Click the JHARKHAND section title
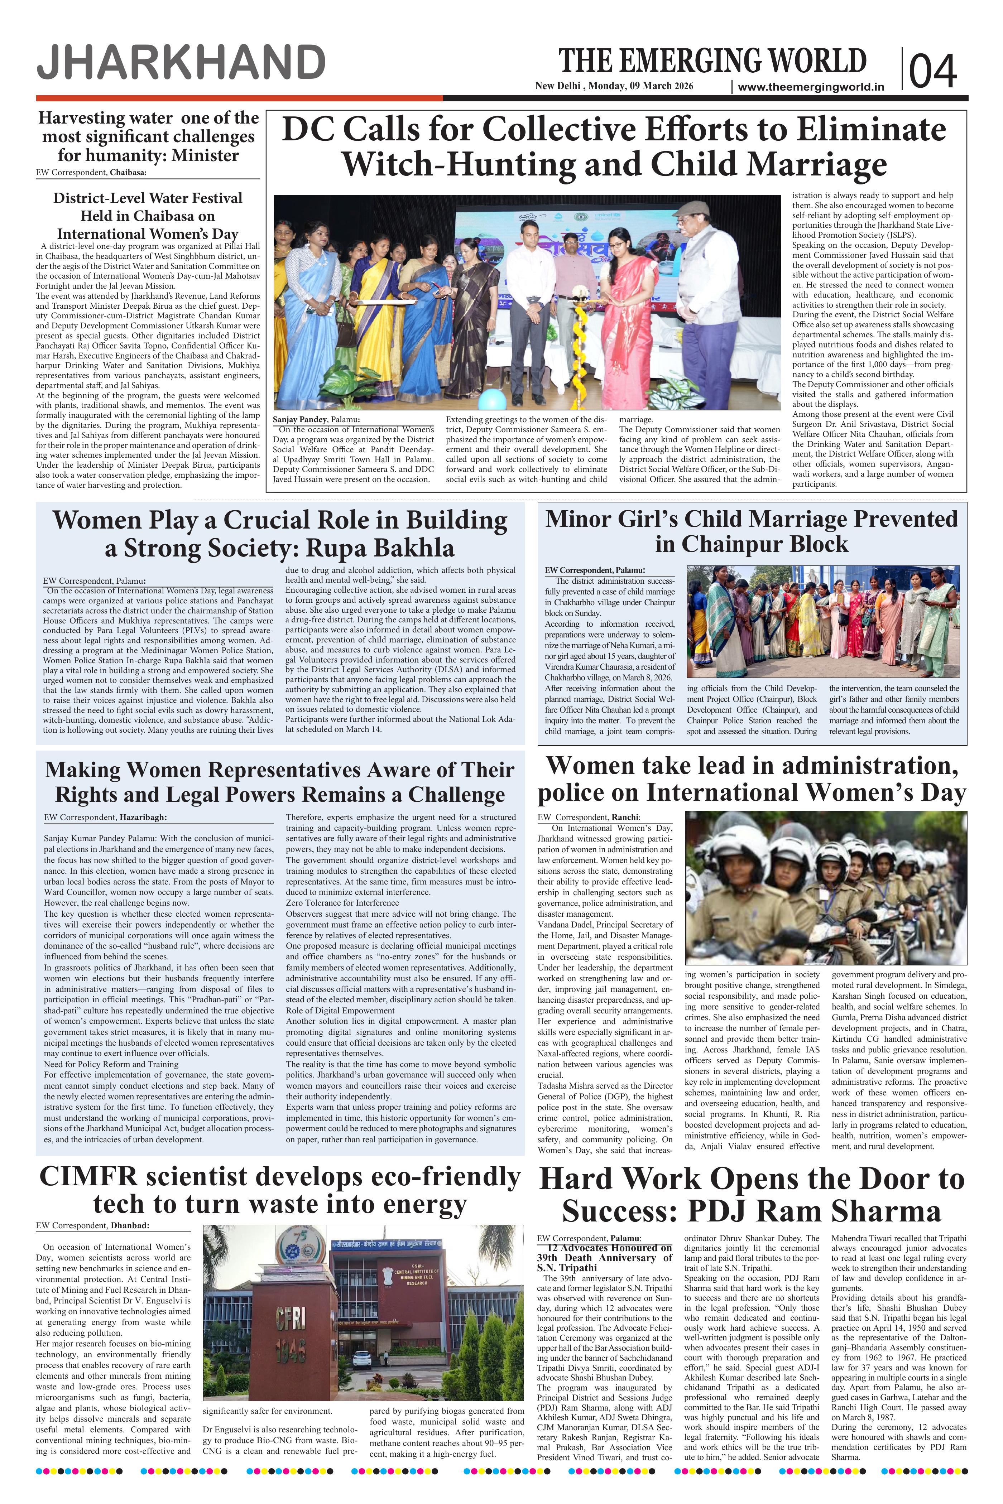[x=181, y=64]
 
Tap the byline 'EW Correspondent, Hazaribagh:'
[x=106, y=816]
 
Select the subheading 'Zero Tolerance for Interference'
[x=342, y=903]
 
